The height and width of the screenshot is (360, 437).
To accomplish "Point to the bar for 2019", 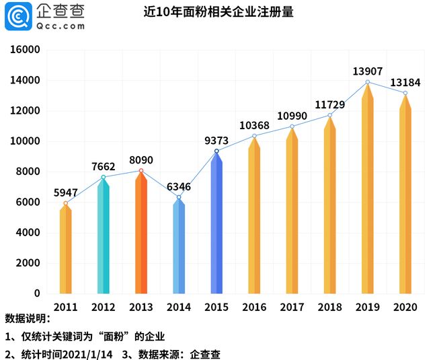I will (x=367, y=195).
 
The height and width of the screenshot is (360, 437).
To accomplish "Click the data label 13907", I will (x=367, y=71).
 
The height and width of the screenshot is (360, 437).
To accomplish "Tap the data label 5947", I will (x=65, y=191).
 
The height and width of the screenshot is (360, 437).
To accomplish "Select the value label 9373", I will (x=216, y=140).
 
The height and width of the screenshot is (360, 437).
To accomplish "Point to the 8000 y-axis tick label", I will (x=28, y=172).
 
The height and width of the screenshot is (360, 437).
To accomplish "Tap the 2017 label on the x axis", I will (x=292, y=307).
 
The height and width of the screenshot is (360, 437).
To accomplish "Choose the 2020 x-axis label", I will (x=405, y=307).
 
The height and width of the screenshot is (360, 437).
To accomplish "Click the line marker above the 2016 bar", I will (x=254, y=136).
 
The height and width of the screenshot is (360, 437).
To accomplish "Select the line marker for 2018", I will (x=329, y=115).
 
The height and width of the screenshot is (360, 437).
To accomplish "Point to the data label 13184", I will (x=405, y=81).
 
